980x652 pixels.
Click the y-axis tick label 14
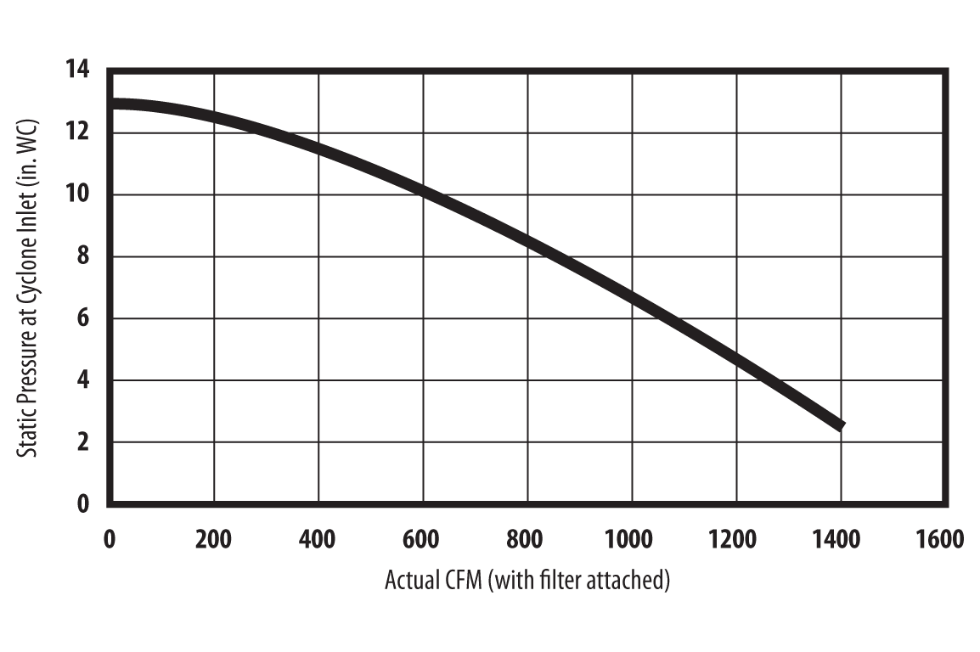77,70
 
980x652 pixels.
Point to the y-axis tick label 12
77,132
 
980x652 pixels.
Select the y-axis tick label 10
77,194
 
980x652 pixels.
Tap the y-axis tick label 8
82,256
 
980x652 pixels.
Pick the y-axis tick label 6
82,318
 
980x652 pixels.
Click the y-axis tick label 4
82,380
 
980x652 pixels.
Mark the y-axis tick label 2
82,442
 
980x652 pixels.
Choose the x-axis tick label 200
213,540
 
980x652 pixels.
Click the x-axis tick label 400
318,540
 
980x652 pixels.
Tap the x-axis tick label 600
422,540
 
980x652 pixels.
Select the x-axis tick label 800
527,540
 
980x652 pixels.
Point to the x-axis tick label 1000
628,540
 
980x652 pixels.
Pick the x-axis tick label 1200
733,540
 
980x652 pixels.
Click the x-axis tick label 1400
837,540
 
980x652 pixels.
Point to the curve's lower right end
841,425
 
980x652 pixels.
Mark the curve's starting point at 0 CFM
111,104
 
